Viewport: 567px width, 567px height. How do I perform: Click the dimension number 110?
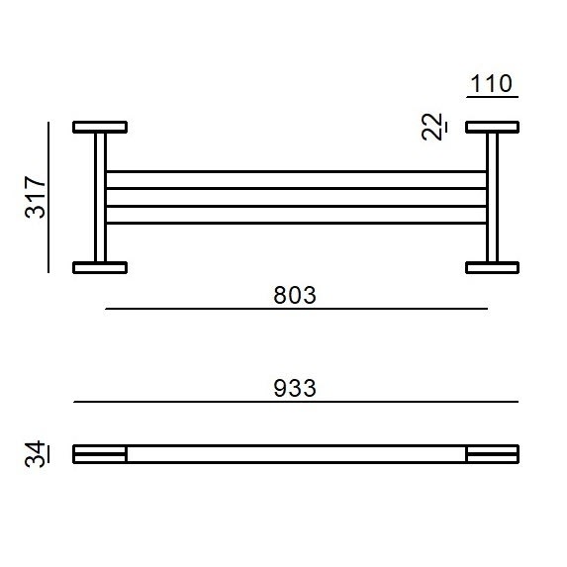coord(492,83)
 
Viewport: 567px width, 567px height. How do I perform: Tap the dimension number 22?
coord(432,128)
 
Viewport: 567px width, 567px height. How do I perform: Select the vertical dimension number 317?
coord(36,197)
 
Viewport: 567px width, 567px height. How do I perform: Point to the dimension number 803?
coord(296,295)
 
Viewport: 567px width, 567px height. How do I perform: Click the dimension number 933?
coord(295,388)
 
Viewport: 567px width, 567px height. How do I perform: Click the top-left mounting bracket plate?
coord(100,128)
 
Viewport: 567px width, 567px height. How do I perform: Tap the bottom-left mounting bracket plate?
coord(100,266)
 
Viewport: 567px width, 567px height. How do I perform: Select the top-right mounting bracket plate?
coord(493,128)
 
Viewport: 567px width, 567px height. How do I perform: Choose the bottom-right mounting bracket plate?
coord(493,266)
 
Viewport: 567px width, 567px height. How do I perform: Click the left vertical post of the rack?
coord(100,197)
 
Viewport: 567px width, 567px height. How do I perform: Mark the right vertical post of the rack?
coord(493,197)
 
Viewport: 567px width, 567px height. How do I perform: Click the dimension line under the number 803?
coord(296,309)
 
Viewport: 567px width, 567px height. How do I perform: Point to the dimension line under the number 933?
coord(296,403)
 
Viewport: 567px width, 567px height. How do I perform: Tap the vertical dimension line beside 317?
coord(47,197)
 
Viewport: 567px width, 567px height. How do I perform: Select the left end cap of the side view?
coord(100,454)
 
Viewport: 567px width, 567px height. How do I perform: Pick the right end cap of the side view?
coord(493,454)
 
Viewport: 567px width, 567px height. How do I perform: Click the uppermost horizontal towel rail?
coord(296,172)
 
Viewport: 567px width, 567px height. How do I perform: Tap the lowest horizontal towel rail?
coord(296,224)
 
